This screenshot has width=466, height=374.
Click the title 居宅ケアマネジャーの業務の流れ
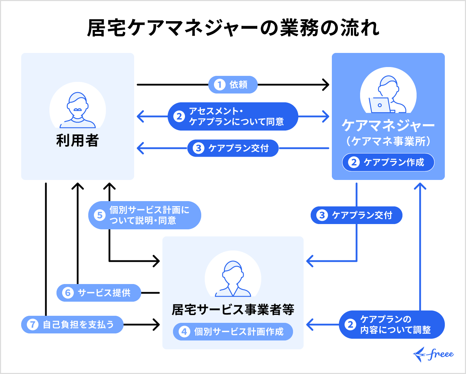tap(233, 28)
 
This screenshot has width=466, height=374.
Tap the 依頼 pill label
tap(233, 85)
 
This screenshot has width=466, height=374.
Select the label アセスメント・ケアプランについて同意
tap(233, 116)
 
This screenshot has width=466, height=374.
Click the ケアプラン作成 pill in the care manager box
tap(388, 162)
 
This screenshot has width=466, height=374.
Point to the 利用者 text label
tap(77, 140)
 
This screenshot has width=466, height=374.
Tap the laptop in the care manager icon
tap(380, 105)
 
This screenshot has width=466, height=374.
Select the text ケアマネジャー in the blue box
tap(388, 126)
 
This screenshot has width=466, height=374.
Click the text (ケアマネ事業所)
tap(388, 141)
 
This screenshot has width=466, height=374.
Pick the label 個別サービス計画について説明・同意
tap(145, 215)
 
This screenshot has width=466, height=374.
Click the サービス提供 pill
tap(99, 293)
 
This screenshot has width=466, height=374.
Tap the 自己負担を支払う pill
tap(72, 325)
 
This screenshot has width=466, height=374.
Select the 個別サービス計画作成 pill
tap(233, 332)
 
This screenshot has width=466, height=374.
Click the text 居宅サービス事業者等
tap(233, 310)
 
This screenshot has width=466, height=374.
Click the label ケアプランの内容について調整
tap(392, 325)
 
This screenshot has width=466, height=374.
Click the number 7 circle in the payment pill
tap(32, 325)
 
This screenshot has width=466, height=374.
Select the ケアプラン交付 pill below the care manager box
tap(357, 215)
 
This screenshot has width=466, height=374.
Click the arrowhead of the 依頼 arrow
tap(326, 85)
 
